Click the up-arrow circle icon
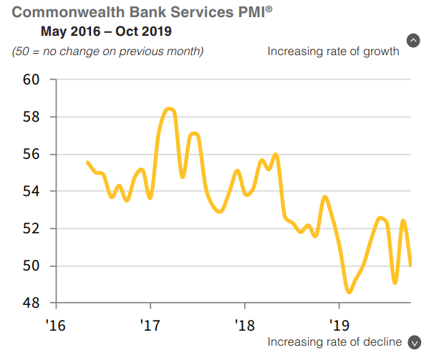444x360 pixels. pyautogui.click(x=413, y=41)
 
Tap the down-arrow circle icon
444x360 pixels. pyautogui.click(x=413, y=342)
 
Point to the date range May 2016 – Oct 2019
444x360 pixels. pyautogui.click(x=106, y=31)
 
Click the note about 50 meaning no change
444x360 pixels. pyautogui.click(x=107, y=52)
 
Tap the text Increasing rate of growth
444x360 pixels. pyautogui.click(x=333, y=52)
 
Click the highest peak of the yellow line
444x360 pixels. pyautogui.click(x=168, y=109)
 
